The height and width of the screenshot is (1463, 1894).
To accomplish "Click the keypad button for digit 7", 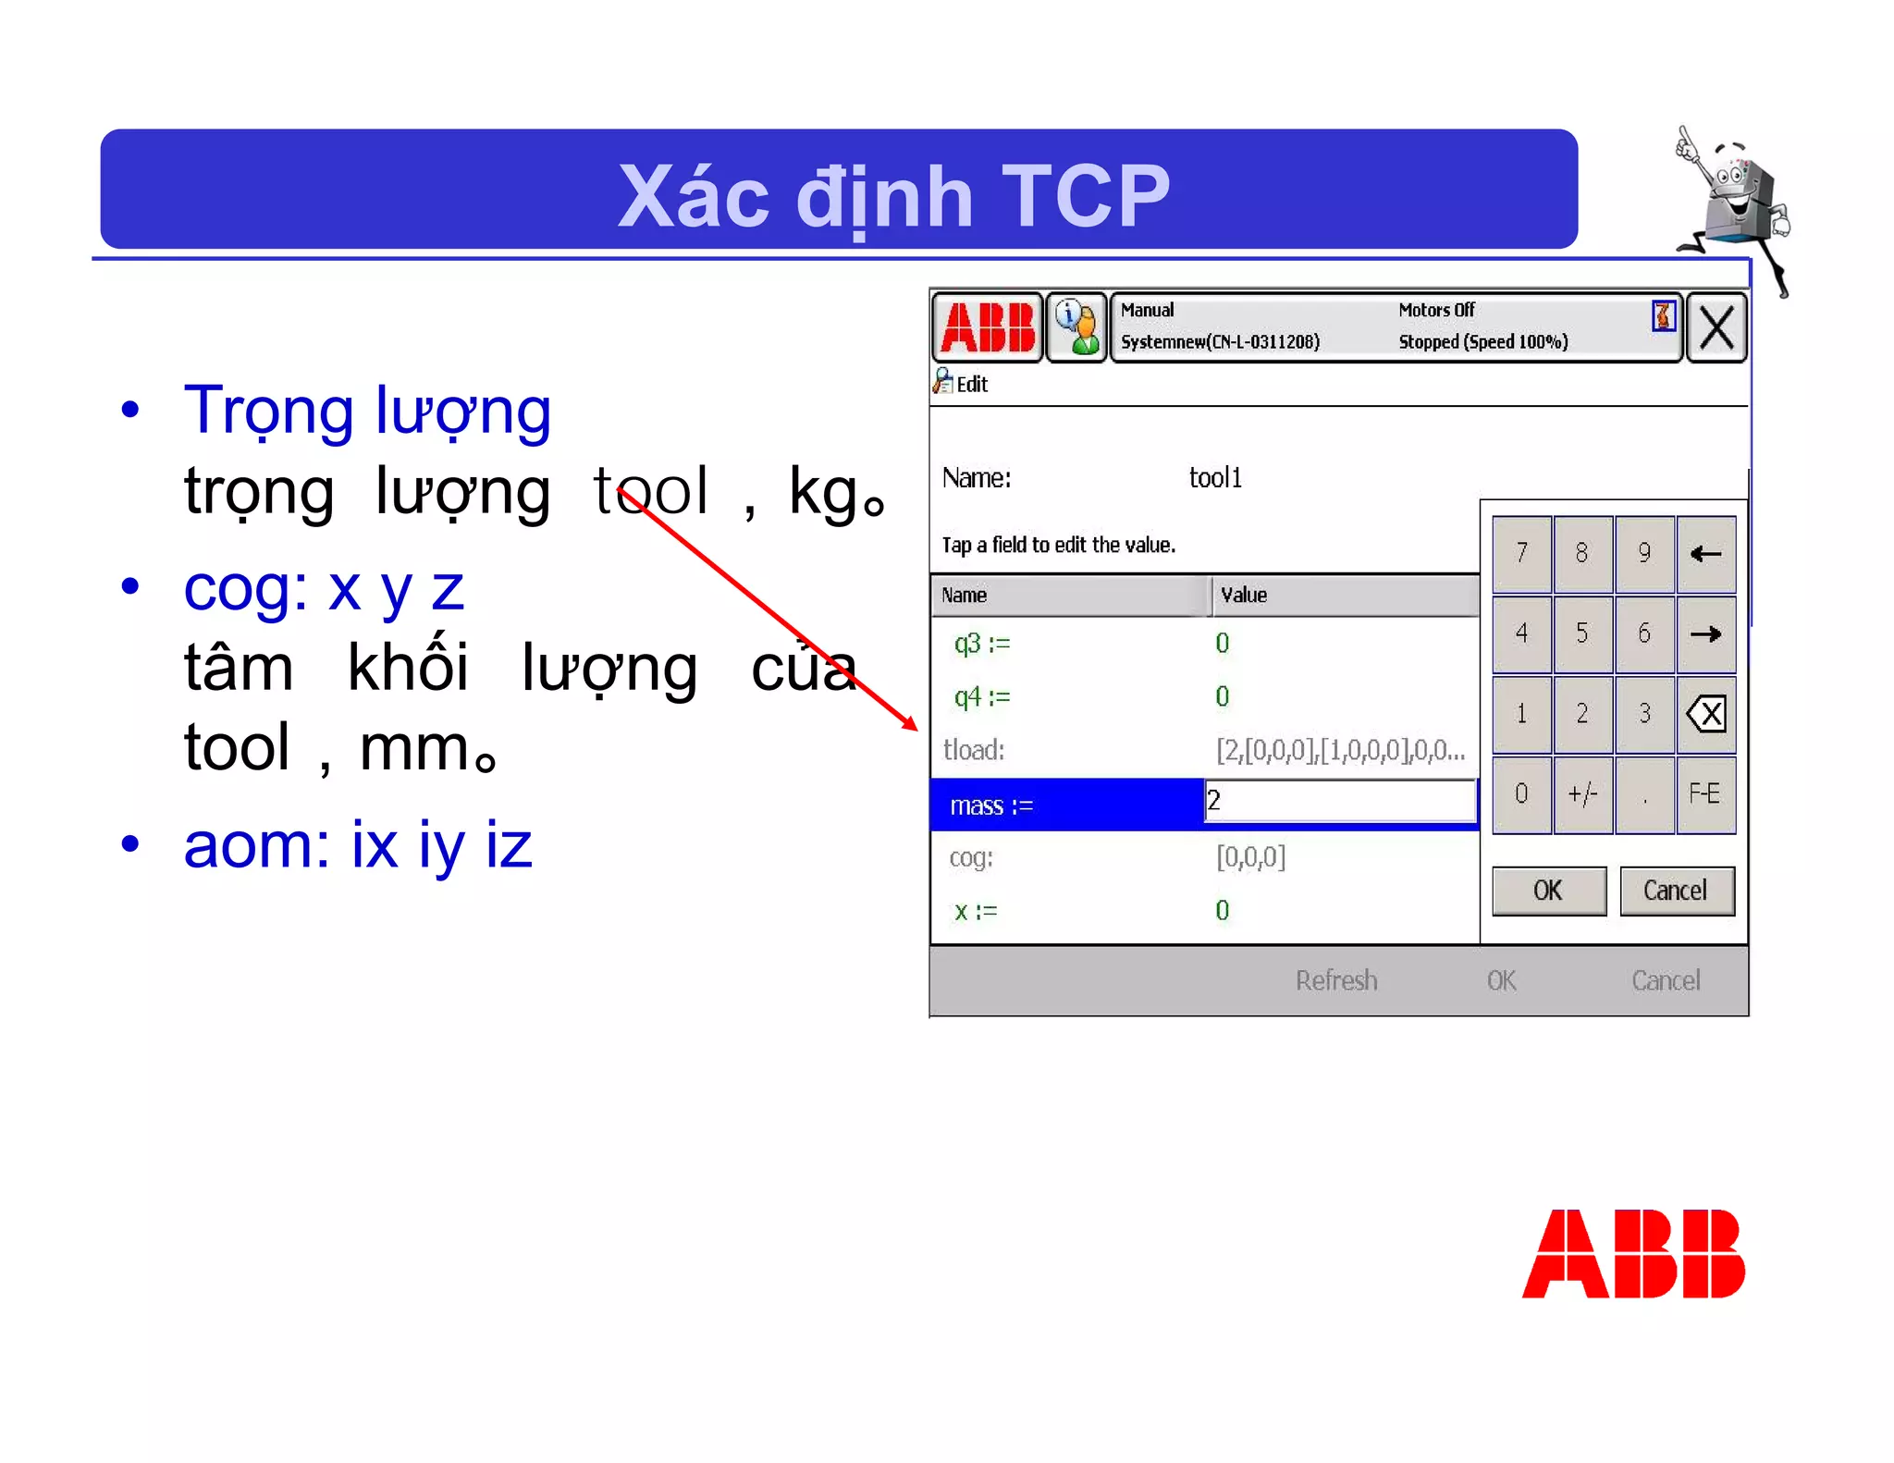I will (x=1521, y=553).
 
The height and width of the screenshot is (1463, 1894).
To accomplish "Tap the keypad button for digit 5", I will (x=1582, y=633).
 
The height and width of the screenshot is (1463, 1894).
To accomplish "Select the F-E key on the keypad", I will (x=1704, y=794).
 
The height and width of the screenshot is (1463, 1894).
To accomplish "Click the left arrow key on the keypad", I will (x=1705, y=553).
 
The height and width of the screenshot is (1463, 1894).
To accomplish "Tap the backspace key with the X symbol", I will (x=1705, y=714).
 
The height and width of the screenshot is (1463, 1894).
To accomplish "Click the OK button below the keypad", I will (x=1548, y=891).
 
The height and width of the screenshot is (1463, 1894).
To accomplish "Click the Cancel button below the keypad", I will (x=1675, y=891).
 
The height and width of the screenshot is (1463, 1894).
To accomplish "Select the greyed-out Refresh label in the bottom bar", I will (x=1335, y=980).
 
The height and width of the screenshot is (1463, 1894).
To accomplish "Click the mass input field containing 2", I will (x=1339, y=801).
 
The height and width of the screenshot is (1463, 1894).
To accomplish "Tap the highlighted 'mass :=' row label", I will (x=991, y=805).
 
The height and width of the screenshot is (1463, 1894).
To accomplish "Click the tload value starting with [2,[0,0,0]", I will (x=1339, y=750).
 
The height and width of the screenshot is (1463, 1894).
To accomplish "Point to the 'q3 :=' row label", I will (x=981, y=643).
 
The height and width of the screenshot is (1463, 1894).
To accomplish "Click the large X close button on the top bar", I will (x=1716, y=328).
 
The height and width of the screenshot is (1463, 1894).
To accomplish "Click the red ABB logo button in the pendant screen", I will (x=987, y=328).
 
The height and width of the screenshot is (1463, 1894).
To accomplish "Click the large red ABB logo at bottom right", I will (x=1633, y=1254).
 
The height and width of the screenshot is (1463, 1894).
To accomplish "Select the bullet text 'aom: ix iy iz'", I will (x=358, y=844).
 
